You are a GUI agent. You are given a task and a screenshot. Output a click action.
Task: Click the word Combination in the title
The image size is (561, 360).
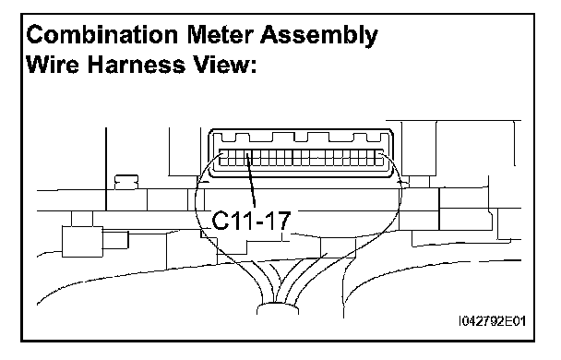coord(102,35)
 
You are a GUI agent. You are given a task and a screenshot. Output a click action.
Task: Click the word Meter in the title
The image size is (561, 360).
coord(220,35)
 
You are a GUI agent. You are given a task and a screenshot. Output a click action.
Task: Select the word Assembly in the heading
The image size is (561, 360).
coord(319,36)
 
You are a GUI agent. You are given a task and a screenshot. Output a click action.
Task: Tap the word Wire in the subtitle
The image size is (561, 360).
coord(53,65)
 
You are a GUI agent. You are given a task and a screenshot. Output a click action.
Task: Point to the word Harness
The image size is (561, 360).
coord(137,65)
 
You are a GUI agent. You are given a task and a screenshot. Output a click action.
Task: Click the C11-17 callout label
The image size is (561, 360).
coord(251,221)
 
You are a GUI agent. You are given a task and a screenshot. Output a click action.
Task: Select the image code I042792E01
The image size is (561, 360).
coord(493,321)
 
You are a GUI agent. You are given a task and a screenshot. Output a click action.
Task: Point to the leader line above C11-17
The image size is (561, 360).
coord(251,180)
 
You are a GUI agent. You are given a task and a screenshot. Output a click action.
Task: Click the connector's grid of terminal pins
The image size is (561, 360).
coord(301,158)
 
